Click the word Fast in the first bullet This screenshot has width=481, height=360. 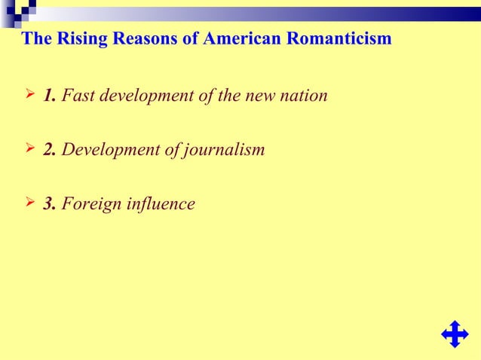click(76, 96)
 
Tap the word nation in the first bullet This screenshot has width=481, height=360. click(305, 96)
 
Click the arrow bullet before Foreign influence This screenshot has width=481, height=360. click(30, 203)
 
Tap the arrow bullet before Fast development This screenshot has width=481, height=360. click(30, 96)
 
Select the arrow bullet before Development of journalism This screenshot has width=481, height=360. click(30, 149)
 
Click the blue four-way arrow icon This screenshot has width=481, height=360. click(455, 334)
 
